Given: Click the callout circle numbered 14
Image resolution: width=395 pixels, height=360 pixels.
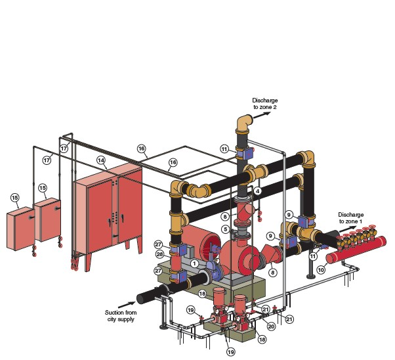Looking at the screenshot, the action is coord(101,160).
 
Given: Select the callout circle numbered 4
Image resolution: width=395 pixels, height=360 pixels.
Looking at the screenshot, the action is coord(257,191).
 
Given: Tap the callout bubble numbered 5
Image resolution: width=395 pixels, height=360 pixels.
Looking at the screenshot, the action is coord(226,229).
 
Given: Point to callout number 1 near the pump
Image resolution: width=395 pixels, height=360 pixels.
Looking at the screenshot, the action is coord(194,263).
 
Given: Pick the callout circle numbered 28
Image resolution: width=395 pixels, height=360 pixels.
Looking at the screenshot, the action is coord(159,254).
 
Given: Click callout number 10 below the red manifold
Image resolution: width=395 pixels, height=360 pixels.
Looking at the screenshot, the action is coord(321,270).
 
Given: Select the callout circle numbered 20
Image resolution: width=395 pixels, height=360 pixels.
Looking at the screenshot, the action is coord(271,326).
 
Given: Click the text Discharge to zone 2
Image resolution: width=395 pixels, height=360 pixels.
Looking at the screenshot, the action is coord(265,104).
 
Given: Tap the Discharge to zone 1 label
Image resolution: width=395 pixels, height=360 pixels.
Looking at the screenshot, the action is coord(350,218).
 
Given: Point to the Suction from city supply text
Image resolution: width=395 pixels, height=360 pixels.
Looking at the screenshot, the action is coord(121,316).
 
